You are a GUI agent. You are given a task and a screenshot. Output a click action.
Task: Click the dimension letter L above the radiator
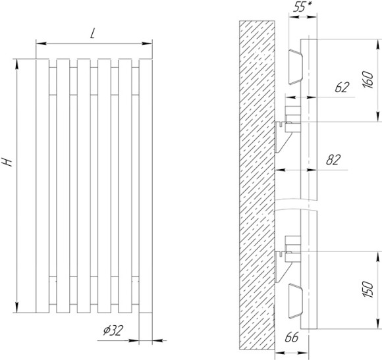[92, 34]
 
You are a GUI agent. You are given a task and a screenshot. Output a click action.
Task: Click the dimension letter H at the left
[9, 162]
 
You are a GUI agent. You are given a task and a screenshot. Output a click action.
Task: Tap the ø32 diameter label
[113, 330]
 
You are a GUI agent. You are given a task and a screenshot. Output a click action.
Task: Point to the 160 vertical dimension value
[368, 80]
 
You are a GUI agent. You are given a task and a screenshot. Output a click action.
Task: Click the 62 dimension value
[342, 87]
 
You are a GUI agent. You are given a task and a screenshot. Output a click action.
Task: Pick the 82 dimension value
[333, 160]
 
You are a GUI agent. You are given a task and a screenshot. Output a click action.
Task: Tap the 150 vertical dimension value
[368, 289]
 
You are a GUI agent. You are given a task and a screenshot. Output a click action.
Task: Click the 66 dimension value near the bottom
[291, 337]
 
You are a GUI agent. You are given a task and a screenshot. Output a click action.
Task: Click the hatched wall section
[258, 185]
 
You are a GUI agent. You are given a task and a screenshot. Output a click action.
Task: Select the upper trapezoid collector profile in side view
[296, 67]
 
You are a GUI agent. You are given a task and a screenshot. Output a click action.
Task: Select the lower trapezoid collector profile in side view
[296, 301]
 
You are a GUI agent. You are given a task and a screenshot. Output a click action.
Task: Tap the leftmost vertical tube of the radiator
[42, 186]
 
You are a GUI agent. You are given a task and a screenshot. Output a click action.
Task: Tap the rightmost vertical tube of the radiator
[146, 186]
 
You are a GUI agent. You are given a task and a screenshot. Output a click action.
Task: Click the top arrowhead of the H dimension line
[17, 64]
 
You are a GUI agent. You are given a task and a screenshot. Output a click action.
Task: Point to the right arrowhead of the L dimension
[147, 43]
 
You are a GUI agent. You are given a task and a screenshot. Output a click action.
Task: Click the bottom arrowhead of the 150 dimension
[378, 324]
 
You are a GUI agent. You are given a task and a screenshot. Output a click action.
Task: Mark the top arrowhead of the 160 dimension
[378, 45]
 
